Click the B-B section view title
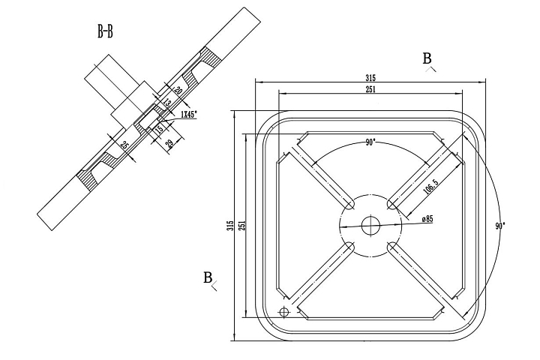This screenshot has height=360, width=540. pos(105,31)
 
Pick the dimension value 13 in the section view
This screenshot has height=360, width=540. pos(167,103)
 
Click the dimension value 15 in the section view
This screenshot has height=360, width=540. pos(159,130)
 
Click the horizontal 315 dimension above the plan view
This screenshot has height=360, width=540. pos(370,78)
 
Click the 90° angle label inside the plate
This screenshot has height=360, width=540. pos(370,142)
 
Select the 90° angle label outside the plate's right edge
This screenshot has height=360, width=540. pos(500,225)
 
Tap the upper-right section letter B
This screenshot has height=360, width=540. pos(427,58)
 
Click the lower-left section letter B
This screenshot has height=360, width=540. pos(208,277)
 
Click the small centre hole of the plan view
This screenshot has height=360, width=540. pos(370,224)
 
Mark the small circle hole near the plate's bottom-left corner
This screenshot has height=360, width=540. pos(283,311)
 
